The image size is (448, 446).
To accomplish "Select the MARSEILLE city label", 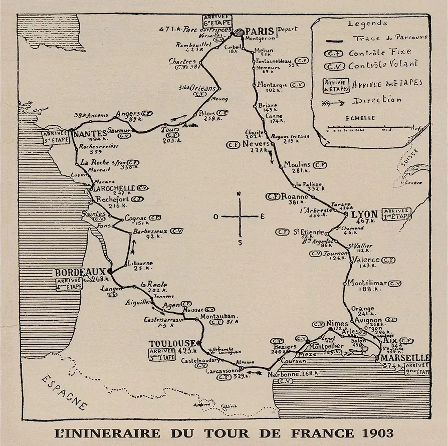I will pos(404,358).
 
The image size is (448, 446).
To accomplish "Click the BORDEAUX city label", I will pos(80,272).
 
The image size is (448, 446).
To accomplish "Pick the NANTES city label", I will pos(90,134).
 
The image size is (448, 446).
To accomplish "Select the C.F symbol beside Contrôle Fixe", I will pos(333,53).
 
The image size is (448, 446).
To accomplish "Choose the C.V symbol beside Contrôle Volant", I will pos(334,66).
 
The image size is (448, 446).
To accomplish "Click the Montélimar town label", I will pos(367,283).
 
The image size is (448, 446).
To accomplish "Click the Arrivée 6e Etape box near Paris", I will pos(214,20).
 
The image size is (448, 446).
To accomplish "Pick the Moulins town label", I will pos(297,164).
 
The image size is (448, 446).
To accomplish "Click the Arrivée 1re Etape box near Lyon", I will pos(396,214).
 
